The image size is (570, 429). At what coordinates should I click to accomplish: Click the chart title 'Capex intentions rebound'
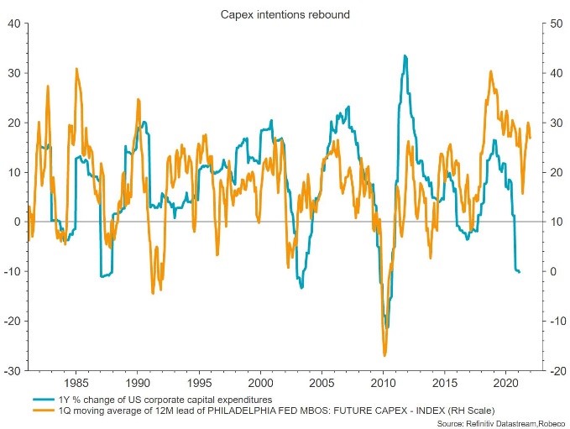click(x=285, y=13)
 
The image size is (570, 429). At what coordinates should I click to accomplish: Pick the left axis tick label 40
click(x=15, y=24)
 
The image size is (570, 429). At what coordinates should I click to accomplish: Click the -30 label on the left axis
click(x=13, y=370)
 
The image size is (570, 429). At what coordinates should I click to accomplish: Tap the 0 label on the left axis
click(x=18, y=222)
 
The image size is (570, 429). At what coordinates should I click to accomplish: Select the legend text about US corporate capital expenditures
click(x=165, y=398)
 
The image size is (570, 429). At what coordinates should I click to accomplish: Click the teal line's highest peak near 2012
click(x=405, y=56)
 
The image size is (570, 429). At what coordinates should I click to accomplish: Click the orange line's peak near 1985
click(x=76, y=69)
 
